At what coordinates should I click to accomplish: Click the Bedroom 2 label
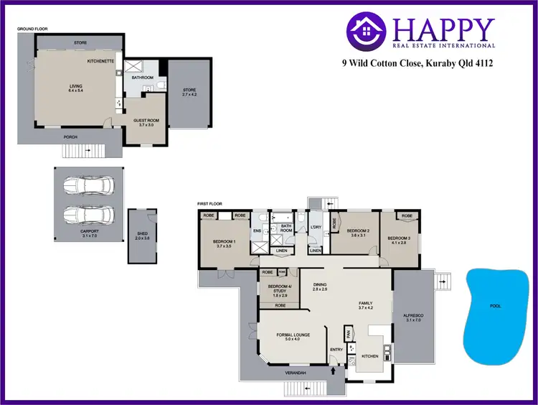coord(359,233)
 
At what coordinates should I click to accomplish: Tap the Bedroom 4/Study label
coord(278,289)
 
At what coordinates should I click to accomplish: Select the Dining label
coord(320,287)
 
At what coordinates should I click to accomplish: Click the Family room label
coord(366,305)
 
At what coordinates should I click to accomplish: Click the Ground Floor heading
coord(32,29)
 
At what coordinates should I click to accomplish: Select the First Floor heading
coord(209,204)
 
